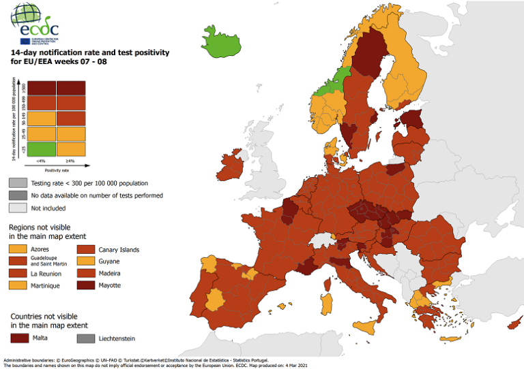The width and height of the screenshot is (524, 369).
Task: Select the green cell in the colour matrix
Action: tap(42, 148)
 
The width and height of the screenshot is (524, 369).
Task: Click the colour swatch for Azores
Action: tap(18, 250)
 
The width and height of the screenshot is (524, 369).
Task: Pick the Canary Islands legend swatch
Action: tap(86, 250)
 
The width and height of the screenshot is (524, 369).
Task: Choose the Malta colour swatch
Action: tap(18, 338)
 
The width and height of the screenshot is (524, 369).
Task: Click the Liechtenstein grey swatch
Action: tap(86, 338)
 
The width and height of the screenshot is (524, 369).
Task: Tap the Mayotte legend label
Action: tap(110, 285)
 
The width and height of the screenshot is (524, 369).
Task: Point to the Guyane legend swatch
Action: tap(86, 261)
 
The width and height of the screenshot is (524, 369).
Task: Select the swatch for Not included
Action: tap(18, 208)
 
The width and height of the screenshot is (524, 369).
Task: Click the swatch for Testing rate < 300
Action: tap(18, 183)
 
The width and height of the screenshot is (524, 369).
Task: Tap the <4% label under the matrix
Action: tap(42, 161)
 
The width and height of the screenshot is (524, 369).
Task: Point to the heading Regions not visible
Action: tap(39, 227)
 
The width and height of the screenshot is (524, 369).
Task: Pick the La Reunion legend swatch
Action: tap(18, 273)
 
